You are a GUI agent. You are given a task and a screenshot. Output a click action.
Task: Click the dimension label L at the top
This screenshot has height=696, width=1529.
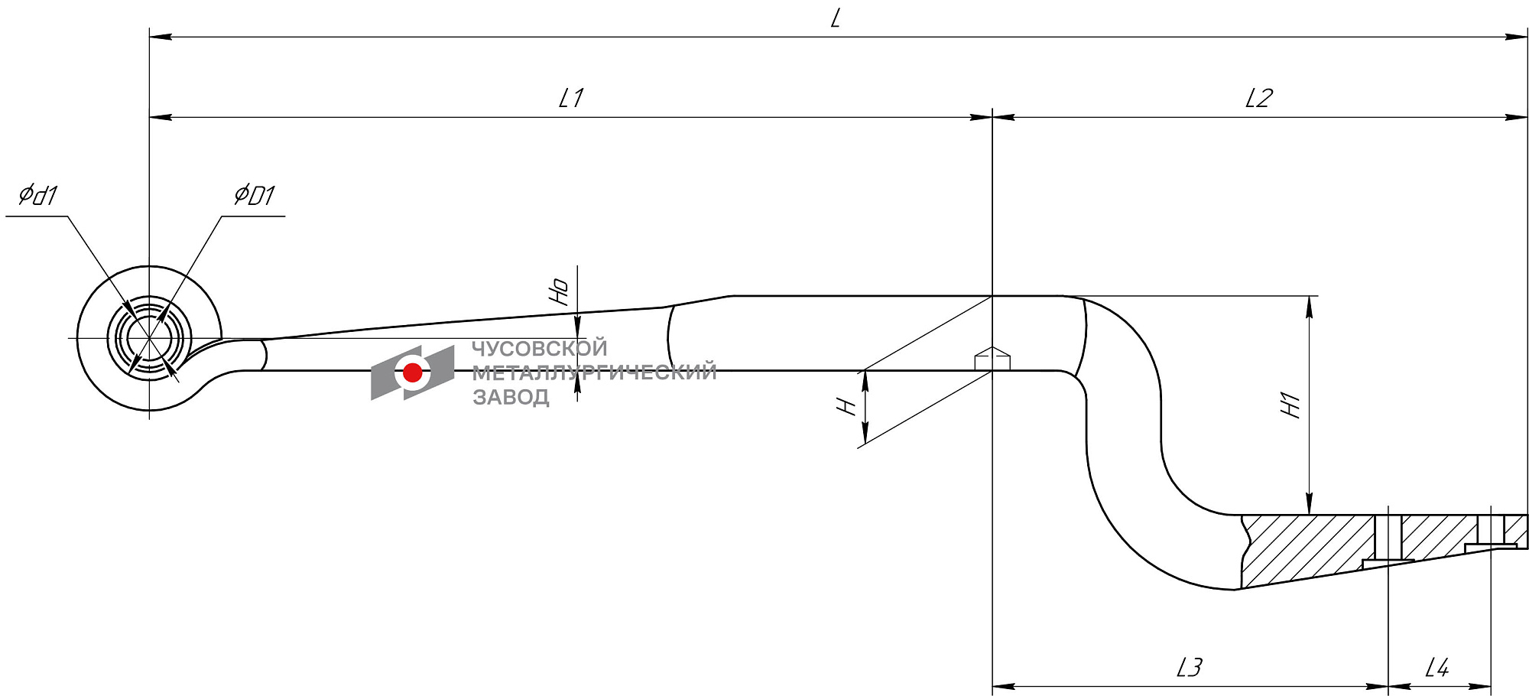tap(836, 18)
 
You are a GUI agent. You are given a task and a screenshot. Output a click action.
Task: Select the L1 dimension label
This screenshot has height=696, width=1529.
tap(571, 98)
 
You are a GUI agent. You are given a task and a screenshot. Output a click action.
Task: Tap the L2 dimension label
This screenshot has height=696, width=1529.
tap(1258, 98)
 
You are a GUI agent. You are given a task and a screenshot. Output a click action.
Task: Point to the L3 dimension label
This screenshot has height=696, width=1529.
tap(1189, 668)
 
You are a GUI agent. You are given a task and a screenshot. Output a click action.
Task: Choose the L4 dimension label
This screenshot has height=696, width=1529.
tap(1436, 668)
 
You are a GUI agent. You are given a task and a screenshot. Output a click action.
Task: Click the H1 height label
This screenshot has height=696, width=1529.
tap(1290, 405)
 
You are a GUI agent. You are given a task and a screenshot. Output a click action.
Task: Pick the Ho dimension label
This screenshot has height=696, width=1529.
tap(560, 291)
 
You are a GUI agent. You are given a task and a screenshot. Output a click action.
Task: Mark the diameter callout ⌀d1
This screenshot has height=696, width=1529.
tap(37, 196)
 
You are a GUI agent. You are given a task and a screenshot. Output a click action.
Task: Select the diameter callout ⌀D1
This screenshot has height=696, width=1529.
tap(254, 196)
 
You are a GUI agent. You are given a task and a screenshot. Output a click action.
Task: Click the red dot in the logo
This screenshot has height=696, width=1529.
tap(412, 372)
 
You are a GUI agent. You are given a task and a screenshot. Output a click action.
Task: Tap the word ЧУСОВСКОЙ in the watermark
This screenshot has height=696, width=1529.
tap(539, 349)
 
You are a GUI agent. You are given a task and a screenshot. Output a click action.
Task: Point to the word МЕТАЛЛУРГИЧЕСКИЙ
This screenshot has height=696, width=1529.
tap(594, 372)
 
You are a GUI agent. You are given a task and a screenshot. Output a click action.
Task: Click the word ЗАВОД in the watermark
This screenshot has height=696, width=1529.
tap(511, 397)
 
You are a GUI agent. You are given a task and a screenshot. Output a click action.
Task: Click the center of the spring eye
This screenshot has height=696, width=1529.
tap(149, 337)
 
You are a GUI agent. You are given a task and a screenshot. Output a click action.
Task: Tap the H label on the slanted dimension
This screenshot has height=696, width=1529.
tap(846, 405)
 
